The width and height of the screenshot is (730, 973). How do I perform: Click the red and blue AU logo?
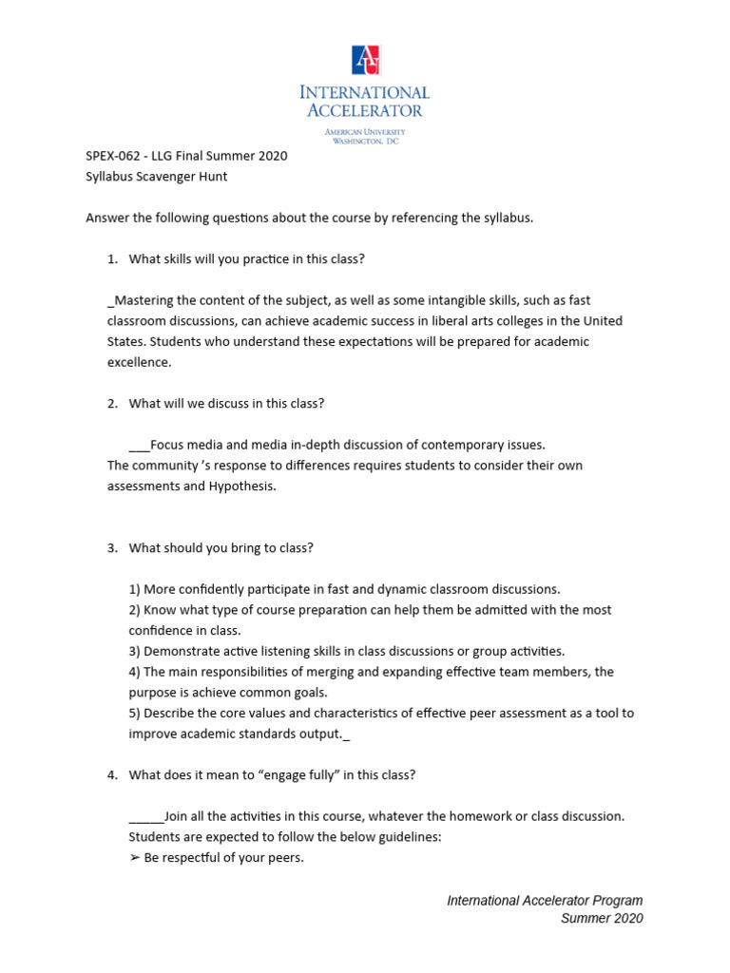click(365, 60)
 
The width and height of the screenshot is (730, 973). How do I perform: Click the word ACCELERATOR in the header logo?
click(365, 110)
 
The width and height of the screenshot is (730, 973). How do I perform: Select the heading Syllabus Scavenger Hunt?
click(157, 177)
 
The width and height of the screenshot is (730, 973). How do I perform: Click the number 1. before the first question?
click(111, 259)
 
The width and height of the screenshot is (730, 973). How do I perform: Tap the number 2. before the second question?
click(111, 403)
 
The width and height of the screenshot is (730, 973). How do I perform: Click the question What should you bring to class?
click(221, 547)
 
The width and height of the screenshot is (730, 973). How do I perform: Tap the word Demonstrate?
click(182, 651)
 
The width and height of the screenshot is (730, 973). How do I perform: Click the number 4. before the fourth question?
click(111, 774)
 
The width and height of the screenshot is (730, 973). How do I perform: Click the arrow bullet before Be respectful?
click(134, 858)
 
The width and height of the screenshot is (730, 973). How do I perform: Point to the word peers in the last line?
click(283, 858)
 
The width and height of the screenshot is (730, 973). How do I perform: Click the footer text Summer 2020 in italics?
click(602, 918)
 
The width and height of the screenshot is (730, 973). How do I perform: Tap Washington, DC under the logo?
click(365, 141)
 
